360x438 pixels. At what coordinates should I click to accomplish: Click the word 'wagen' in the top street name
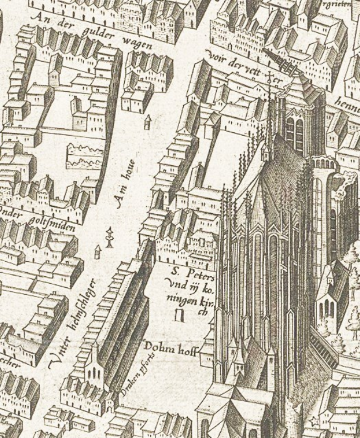pyautogui.click(x=137, y=43)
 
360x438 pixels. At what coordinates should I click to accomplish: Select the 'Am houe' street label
pyautogui.click(x=125, y=183)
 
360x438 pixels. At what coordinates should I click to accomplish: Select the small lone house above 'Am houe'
pyautogui.click(x=148, y=121)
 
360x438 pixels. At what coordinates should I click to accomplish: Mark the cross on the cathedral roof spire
pyautogui.click(x=269, y=77)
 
